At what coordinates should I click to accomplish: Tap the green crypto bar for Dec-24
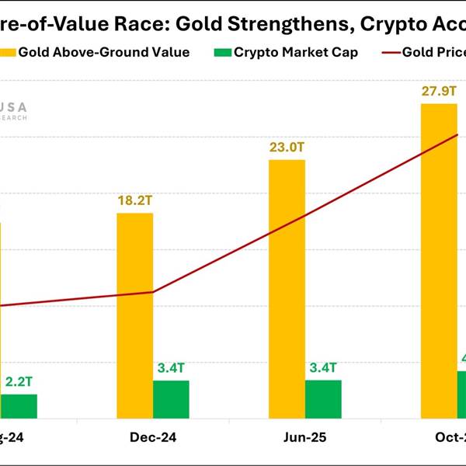coord(171,399)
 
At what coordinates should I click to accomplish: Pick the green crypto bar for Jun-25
coord(323,399)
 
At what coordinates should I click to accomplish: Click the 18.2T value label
coord(135,200)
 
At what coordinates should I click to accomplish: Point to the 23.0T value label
coord(287,147)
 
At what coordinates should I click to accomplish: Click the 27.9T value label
coord(438,91)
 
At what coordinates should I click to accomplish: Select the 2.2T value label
coord(19,381)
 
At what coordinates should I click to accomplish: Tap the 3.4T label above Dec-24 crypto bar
coord(171,367)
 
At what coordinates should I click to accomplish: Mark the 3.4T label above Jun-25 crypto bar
coord(323,367)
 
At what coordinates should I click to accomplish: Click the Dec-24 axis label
coord(153,438)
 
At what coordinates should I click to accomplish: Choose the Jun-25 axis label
coord(304,438)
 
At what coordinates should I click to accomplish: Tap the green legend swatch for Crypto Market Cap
coord(222,53)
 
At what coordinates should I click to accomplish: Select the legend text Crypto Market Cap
coord(296,53)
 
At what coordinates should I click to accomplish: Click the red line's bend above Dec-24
coord(153,292)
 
